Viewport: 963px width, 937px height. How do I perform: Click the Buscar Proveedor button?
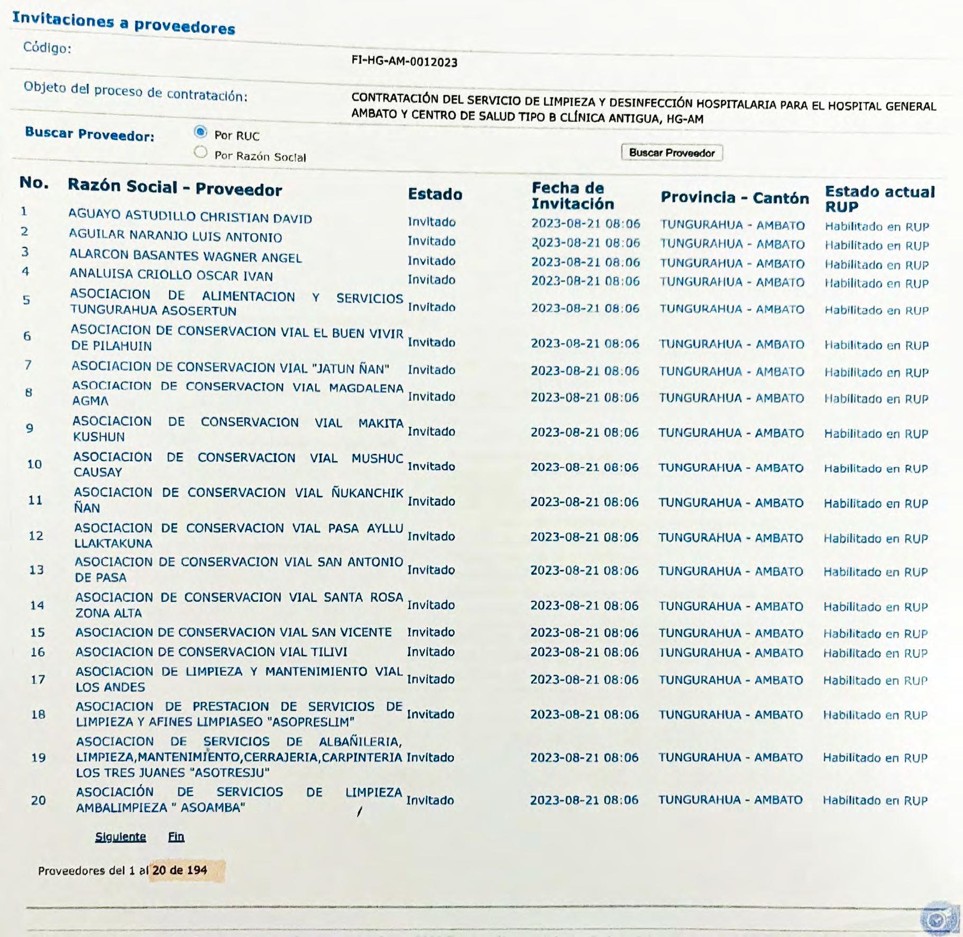click(672, 153)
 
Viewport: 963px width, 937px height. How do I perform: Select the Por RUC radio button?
click(200, 132)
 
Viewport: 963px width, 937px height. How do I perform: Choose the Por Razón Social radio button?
click(200, 152)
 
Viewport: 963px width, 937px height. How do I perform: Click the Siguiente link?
click(121, 837)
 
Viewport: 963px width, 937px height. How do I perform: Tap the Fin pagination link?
click(176, 837)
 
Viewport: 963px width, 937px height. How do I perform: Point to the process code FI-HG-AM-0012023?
click(404, 61)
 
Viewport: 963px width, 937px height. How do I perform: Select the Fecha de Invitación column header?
click(573, 196)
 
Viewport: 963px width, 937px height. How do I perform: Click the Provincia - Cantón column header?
click(735, 198)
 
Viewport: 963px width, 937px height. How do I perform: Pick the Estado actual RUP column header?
click(879, 199)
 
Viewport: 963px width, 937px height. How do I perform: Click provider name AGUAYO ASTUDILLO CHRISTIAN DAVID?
click(190, 216)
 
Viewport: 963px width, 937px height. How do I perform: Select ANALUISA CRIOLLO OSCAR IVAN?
click(171, 275)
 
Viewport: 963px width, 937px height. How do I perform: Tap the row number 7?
click(27, 365)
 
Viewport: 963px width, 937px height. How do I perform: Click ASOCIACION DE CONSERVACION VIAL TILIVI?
click(212, 652)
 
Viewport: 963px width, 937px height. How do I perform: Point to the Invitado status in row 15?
click(430, 632)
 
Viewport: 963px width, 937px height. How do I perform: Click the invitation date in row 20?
click(584, 800)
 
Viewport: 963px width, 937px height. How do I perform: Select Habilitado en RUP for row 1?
click(877, 227)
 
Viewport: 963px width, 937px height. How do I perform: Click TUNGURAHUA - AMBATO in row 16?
click(730, 653)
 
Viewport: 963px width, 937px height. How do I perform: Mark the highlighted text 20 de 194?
click(180, 870)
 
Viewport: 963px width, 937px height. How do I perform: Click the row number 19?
click(38, 758)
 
